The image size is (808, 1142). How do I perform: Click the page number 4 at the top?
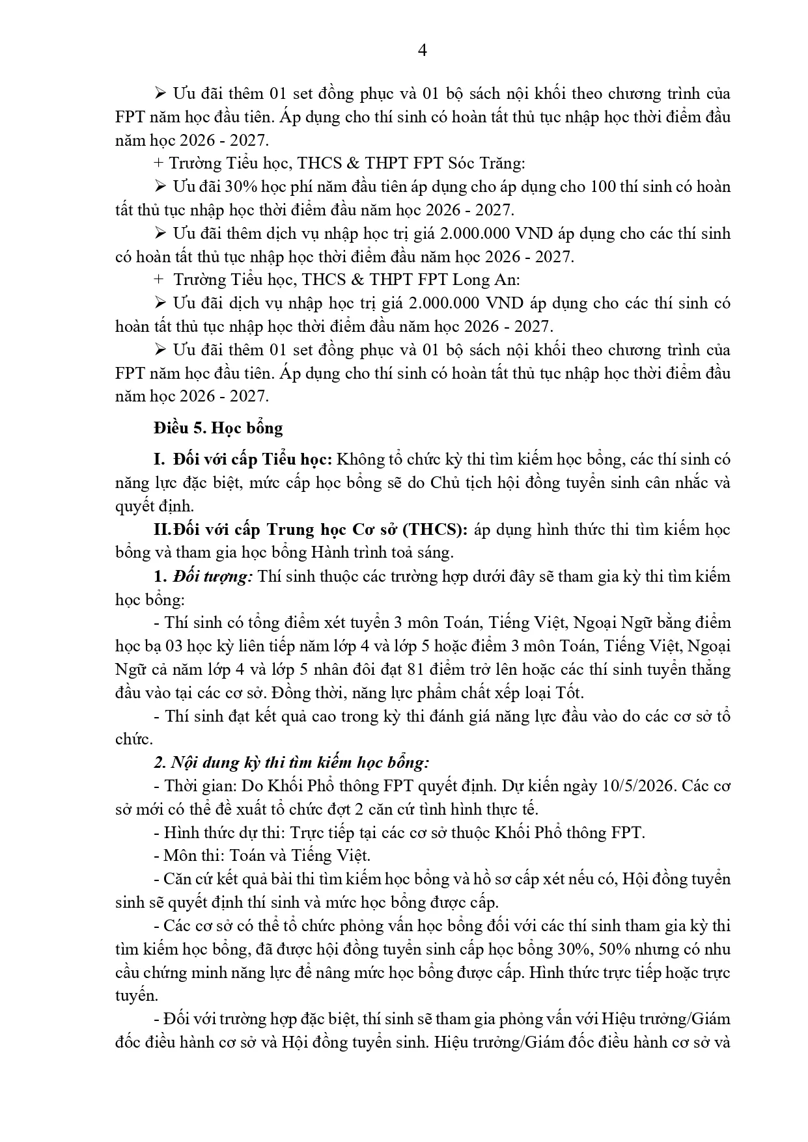tap(422, 50)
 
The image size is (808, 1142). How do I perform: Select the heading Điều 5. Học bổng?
tap(219, 428)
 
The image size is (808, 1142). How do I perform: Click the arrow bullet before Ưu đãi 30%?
tap(161, 187)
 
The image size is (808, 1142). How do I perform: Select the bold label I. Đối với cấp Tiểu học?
tap(244, 459)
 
